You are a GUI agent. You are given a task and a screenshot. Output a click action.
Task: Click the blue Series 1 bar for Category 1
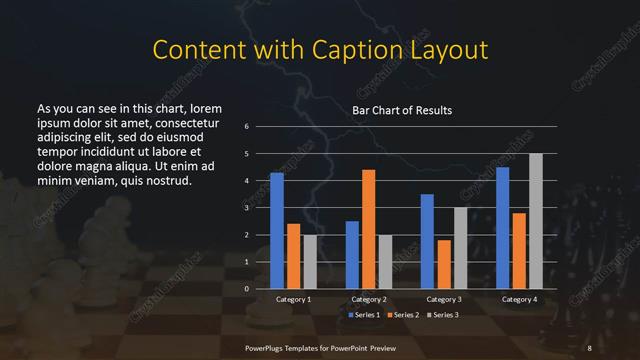(277, 230)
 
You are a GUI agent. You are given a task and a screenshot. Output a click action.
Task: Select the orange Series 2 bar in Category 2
(368, 229)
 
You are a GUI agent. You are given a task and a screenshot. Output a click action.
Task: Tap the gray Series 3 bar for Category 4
(535, 221)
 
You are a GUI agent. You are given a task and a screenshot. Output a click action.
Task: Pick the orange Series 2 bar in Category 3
(444, 264)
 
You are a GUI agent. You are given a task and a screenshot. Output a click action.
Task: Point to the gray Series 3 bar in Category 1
(310, 261)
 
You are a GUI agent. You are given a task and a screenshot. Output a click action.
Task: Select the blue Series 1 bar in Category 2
(352, 254)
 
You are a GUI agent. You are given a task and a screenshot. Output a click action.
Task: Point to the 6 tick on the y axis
(247, 127)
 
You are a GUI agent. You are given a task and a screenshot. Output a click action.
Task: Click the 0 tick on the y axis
(247, 288)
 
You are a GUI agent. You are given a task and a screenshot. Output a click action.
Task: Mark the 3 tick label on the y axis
(247, 208)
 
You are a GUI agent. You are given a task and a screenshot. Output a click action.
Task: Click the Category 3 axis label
(444, 299)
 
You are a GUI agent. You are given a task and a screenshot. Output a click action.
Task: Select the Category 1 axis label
(293, 299)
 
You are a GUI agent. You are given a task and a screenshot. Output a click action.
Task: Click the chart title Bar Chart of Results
(402, 110)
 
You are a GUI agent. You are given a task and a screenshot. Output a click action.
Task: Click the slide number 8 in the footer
(590, 346)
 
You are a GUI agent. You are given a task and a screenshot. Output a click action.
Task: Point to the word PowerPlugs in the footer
(265, 346)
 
